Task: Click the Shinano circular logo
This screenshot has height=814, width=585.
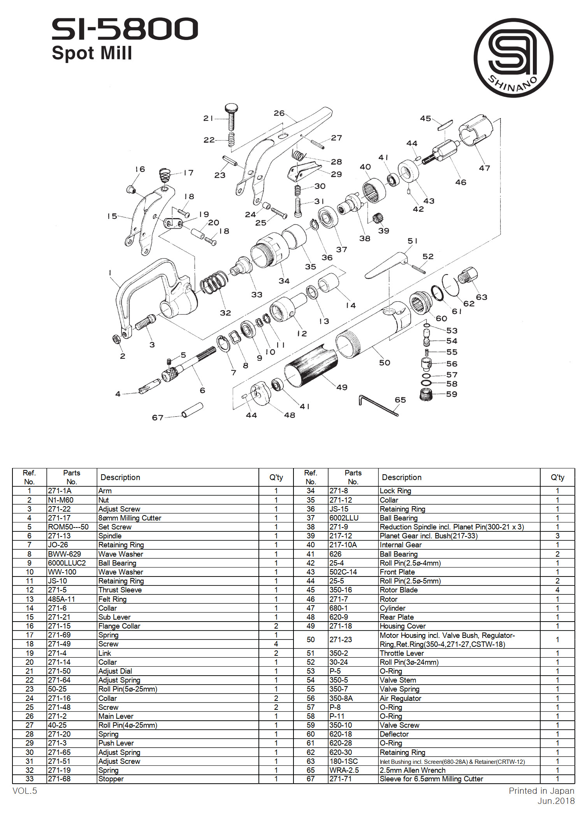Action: (513, 58)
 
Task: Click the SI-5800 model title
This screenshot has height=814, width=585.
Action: (125, 29)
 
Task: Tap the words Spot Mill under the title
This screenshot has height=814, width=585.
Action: (92, 53)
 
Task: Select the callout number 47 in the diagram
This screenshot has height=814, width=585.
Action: (484, 168)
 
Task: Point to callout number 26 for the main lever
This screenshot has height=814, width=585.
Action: (279, 113)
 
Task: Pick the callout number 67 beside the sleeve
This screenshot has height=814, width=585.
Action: (158, 417)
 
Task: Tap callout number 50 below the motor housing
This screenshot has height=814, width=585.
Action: (385, 363)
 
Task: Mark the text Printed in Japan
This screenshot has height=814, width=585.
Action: (541, 791)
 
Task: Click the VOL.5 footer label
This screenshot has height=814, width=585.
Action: (25, 791)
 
